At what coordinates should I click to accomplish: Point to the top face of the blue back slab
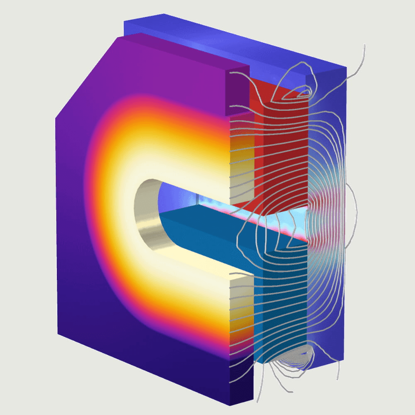coord(232,41)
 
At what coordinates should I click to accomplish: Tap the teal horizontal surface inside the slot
coord(207,232)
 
